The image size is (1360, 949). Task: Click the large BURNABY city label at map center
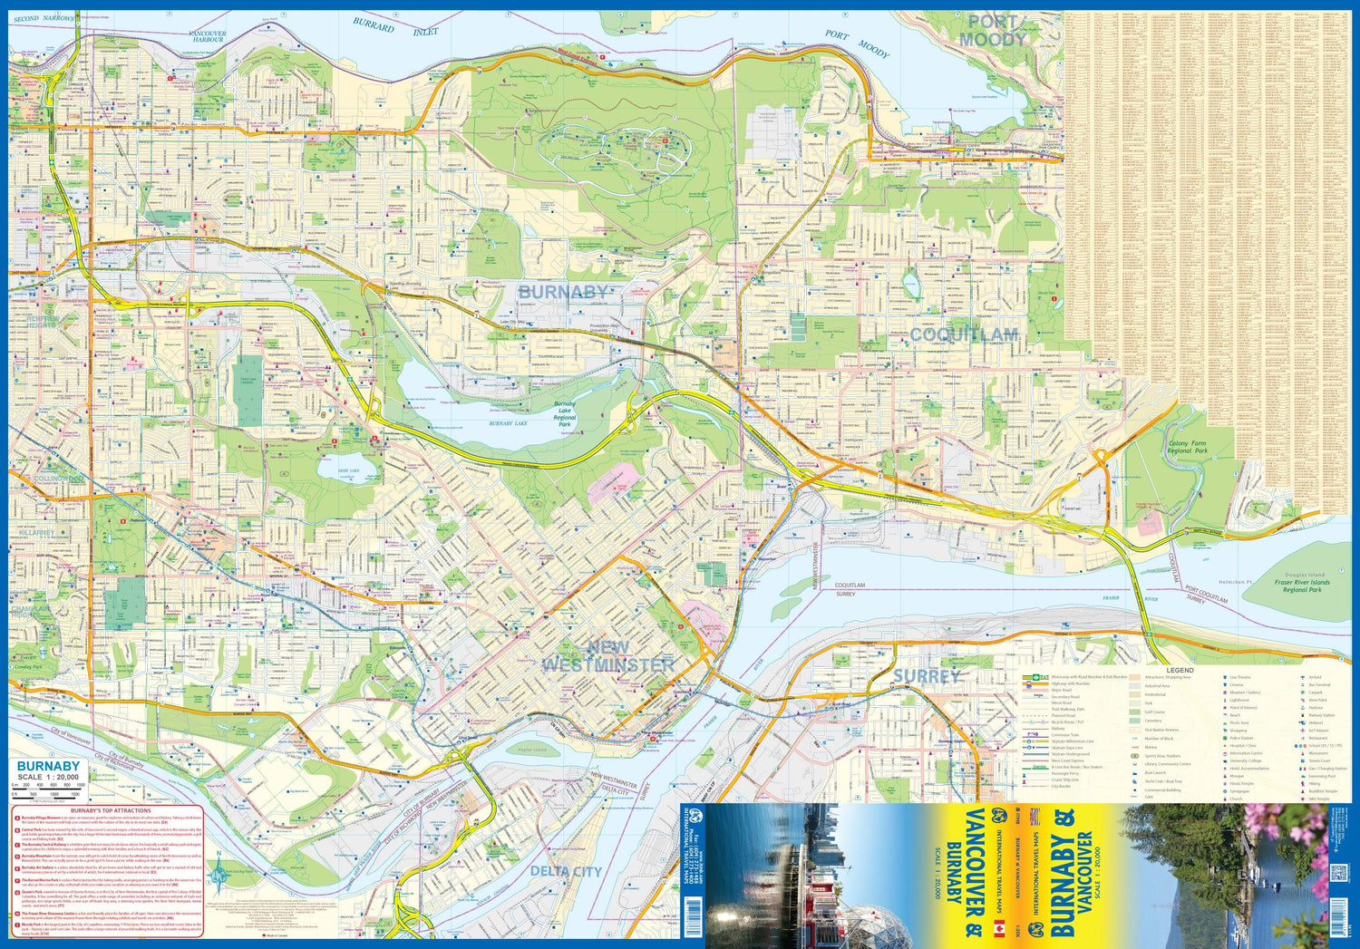click(x=563, y=292)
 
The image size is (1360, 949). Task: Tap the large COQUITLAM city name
click(x=964, y=334)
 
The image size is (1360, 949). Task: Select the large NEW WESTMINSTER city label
click(x=608, y=656)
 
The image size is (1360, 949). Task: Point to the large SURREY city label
click(x=926, y=676)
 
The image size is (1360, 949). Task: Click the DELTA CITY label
click(x=566, y=871)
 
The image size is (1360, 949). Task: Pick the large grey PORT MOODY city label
click(x=993, y=31)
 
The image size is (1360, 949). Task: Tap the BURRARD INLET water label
click(x=395, y=27)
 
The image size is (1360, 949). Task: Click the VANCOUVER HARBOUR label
click(x=208, y=36)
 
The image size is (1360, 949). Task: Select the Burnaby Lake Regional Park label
click(x=564, y=414)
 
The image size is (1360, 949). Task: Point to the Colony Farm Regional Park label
click(x=1188, y=447)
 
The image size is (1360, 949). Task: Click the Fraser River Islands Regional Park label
click(x=1301, y=586)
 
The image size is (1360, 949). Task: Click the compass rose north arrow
click(x=219, y=875)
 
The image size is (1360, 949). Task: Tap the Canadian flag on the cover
click(x=999, y=927)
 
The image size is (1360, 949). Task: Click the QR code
click(x=1338, y=874)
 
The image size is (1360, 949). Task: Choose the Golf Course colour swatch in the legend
click(x=1135, y=712)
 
